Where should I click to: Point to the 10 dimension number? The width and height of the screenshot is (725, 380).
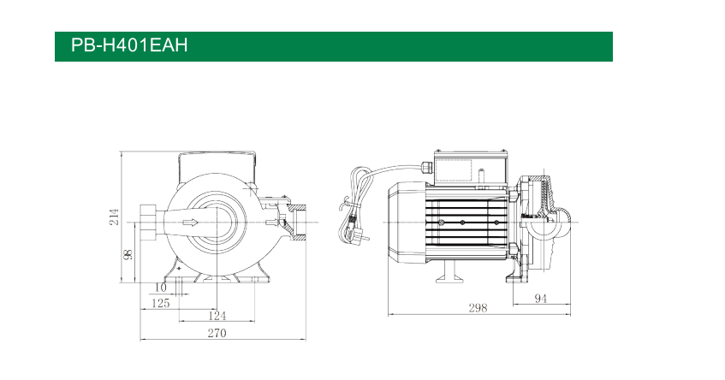point(160,288)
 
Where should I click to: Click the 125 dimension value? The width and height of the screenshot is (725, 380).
point(160,303)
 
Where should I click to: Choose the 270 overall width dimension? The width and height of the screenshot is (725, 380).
point(217,333)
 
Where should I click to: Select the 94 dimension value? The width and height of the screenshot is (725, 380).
point(540,298)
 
